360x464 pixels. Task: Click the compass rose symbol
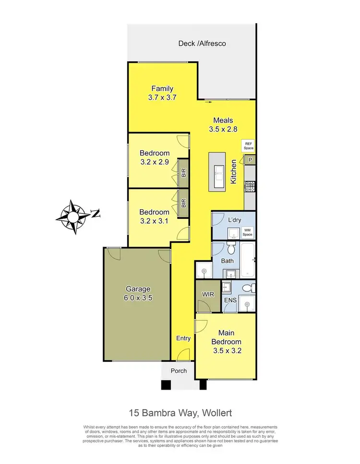pos(73,217)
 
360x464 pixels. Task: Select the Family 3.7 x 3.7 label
pos(162,93)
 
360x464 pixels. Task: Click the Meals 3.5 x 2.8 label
pos(223,125)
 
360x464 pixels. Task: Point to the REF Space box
pos(248,146)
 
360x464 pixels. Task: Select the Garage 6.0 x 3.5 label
pos(138,293)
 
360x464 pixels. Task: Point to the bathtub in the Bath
pos(247,260)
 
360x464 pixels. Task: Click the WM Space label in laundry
pos(247,232)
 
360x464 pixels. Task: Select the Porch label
pos(177,371)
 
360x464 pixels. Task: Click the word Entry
pos(183,338)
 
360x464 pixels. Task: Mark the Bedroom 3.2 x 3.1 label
pos(154,216)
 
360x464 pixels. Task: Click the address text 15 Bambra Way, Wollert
pos(180,412)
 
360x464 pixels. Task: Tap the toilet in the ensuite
pos(246,288)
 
